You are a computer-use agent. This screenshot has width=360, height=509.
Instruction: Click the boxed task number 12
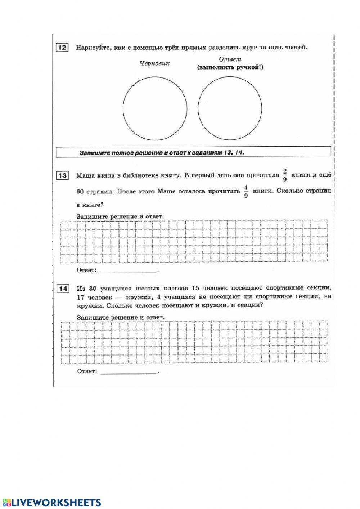(62, 48)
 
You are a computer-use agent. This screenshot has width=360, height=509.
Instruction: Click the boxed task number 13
(62, 175)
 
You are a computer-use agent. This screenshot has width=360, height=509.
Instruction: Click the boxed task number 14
(63, 289)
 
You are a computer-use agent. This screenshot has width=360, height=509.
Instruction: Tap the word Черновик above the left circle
(154, 63)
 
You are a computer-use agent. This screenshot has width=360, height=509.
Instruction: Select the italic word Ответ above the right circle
(230, 59)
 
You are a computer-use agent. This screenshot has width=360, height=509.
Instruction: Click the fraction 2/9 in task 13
(285, 175)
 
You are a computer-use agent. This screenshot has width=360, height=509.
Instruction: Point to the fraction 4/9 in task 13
(246, 191)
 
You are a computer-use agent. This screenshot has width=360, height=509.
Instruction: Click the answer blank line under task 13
(128, 271)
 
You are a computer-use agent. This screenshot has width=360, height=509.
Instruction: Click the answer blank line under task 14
(128, 372)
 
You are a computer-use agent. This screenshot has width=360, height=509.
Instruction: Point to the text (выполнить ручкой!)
(230, 67)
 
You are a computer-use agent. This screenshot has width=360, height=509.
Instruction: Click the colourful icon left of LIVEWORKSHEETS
(6, 503)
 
